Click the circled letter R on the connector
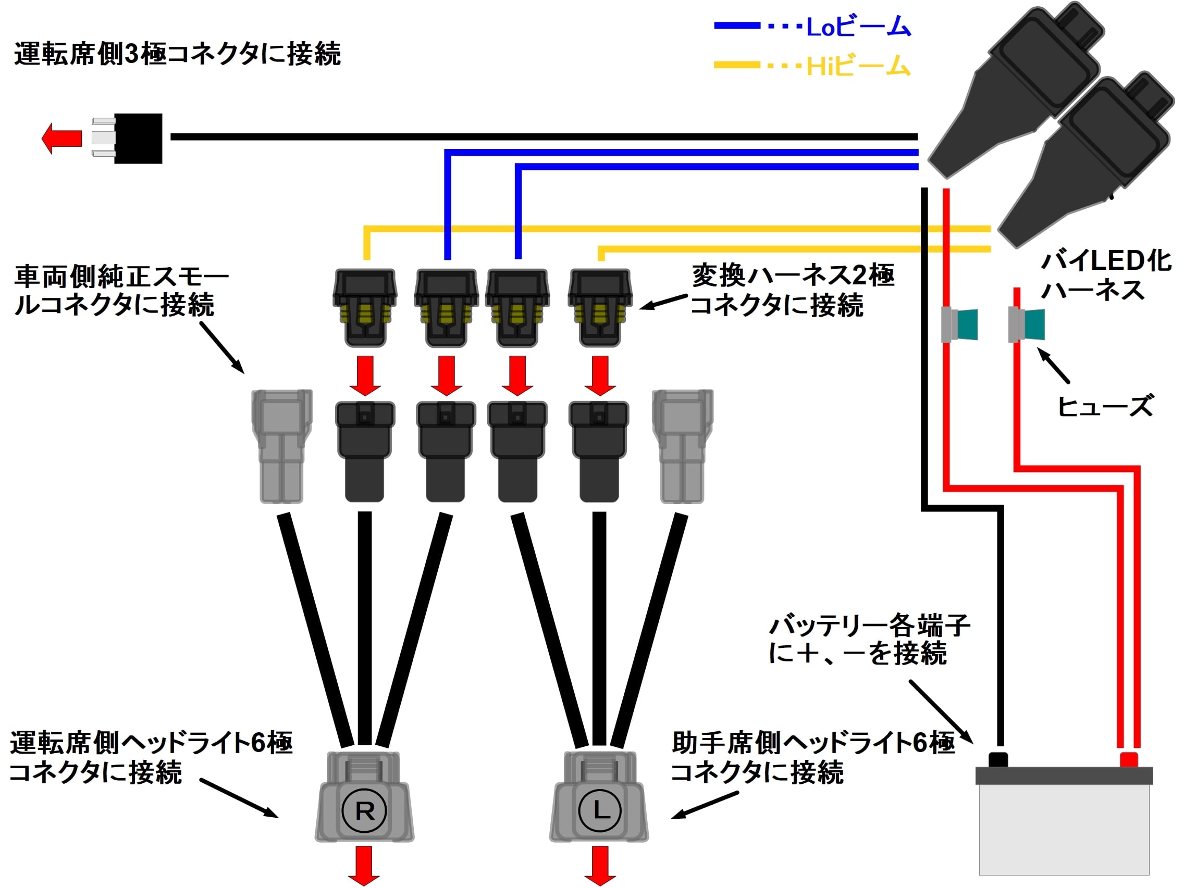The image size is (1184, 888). (364, 811)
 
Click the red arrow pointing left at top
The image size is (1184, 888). (61, 139)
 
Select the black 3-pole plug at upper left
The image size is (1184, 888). (138, 138)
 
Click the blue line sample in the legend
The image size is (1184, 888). (736, 25)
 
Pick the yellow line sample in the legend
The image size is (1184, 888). (736, 65)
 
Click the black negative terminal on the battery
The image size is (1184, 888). (998, 759)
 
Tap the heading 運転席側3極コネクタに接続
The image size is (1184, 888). (177, 54)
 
